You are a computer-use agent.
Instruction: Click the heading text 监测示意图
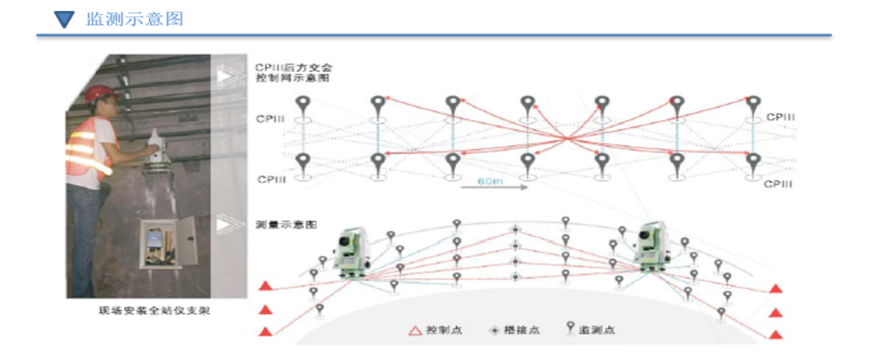134,19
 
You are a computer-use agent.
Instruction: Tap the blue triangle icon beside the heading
65,20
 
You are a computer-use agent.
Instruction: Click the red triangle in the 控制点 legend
415,330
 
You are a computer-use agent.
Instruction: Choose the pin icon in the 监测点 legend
570,329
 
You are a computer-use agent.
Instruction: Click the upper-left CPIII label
270,119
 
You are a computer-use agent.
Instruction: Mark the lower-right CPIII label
778,184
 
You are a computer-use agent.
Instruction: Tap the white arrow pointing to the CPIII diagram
227,76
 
